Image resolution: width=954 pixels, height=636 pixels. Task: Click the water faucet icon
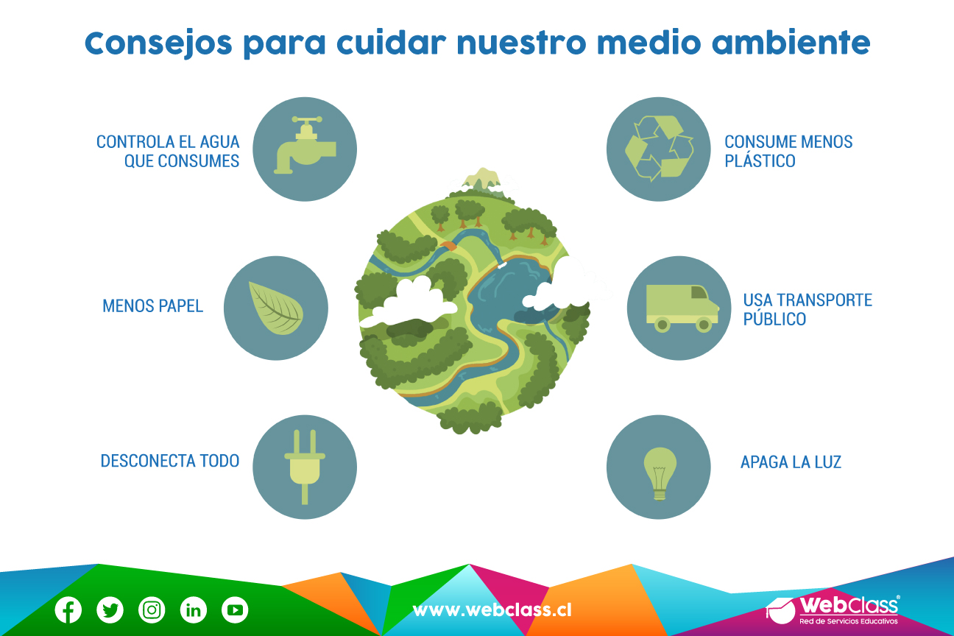pyautogui.click(x=305, y=145)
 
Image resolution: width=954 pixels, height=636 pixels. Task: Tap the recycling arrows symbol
pyautogui.click(x=659, y=148)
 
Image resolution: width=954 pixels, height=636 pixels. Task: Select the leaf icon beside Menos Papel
pyautogui.click(x=276, y=308)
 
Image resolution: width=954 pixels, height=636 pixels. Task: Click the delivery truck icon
pyautogui.click(x=682, y=308)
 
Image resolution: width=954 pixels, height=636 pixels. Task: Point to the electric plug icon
pyautogui.click(x=305, y=467)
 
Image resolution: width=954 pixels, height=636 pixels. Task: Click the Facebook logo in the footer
pyautogui.click(x=68, y=609)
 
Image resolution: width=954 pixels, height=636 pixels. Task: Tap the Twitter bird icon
pyautogui.click(x=110, y=609)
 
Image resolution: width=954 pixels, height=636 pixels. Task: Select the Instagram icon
pyautogui.click(x=152, y=609)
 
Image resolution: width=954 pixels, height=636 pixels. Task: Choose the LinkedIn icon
pyautogui.click(x=194, y=609)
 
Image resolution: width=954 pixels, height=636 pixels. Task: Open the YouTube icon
pyautogui.click(x=235, y=609)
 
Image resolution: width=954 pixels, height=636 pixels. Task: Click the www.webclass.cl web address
pyautogui.click(x=492, y=610)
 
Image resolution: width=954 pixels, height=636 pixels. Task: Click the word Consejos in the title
pyautogui.click(x=158, y=43)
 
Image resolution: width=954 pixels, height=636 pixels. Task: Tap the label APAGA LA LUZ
pyautogui.click(x=791, y=462)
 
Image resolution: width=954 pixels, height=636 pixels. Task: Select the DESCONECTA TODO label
pyautogui.click(x=170, y=461)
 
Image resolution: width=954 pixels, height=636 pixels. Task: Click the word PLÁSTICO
pyautogui.click(x=760, y=160)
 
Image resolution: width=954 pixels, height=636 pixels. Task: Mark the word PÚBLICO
pyautogui.click(x=774, y=318)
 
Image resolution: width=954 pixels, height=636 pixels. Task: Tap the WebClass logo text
pyautogui.click(x=849, y=605)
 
